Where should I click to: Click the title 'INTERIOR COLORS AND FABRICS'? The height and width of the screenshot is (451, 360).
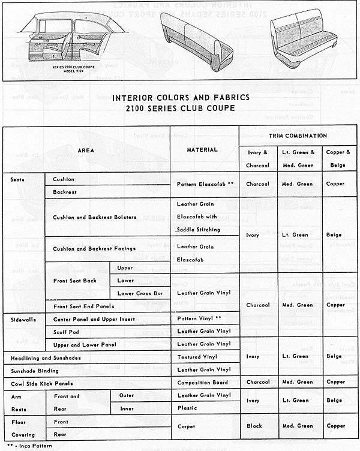coord(181,97)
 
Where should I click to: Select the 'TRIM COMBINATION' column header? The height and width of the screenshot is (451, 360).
coord(298,136)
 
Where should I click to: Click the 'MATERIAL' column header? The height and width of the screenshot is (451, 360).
coord(202,150)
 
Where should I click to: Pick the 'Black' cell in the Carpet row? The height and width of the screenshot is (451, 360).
coord(254,426)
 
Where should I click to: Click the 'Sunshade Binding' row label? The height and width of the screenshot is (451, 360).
coord(35,371)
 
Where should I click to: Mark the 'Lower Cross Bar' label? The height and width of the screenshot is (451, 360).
coord(140,293)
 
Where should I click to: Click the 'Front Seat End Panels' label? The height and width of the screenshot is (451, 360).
coord(83,306)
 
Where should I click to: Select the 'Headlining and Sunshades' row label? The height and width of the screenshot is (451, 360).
coord(46,358)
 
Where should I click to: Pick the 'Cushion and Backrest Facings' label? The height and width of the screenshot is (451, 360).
coord(94,248)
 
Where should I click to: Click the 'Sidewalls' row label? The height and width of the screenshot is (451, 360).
coord(23,320)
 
